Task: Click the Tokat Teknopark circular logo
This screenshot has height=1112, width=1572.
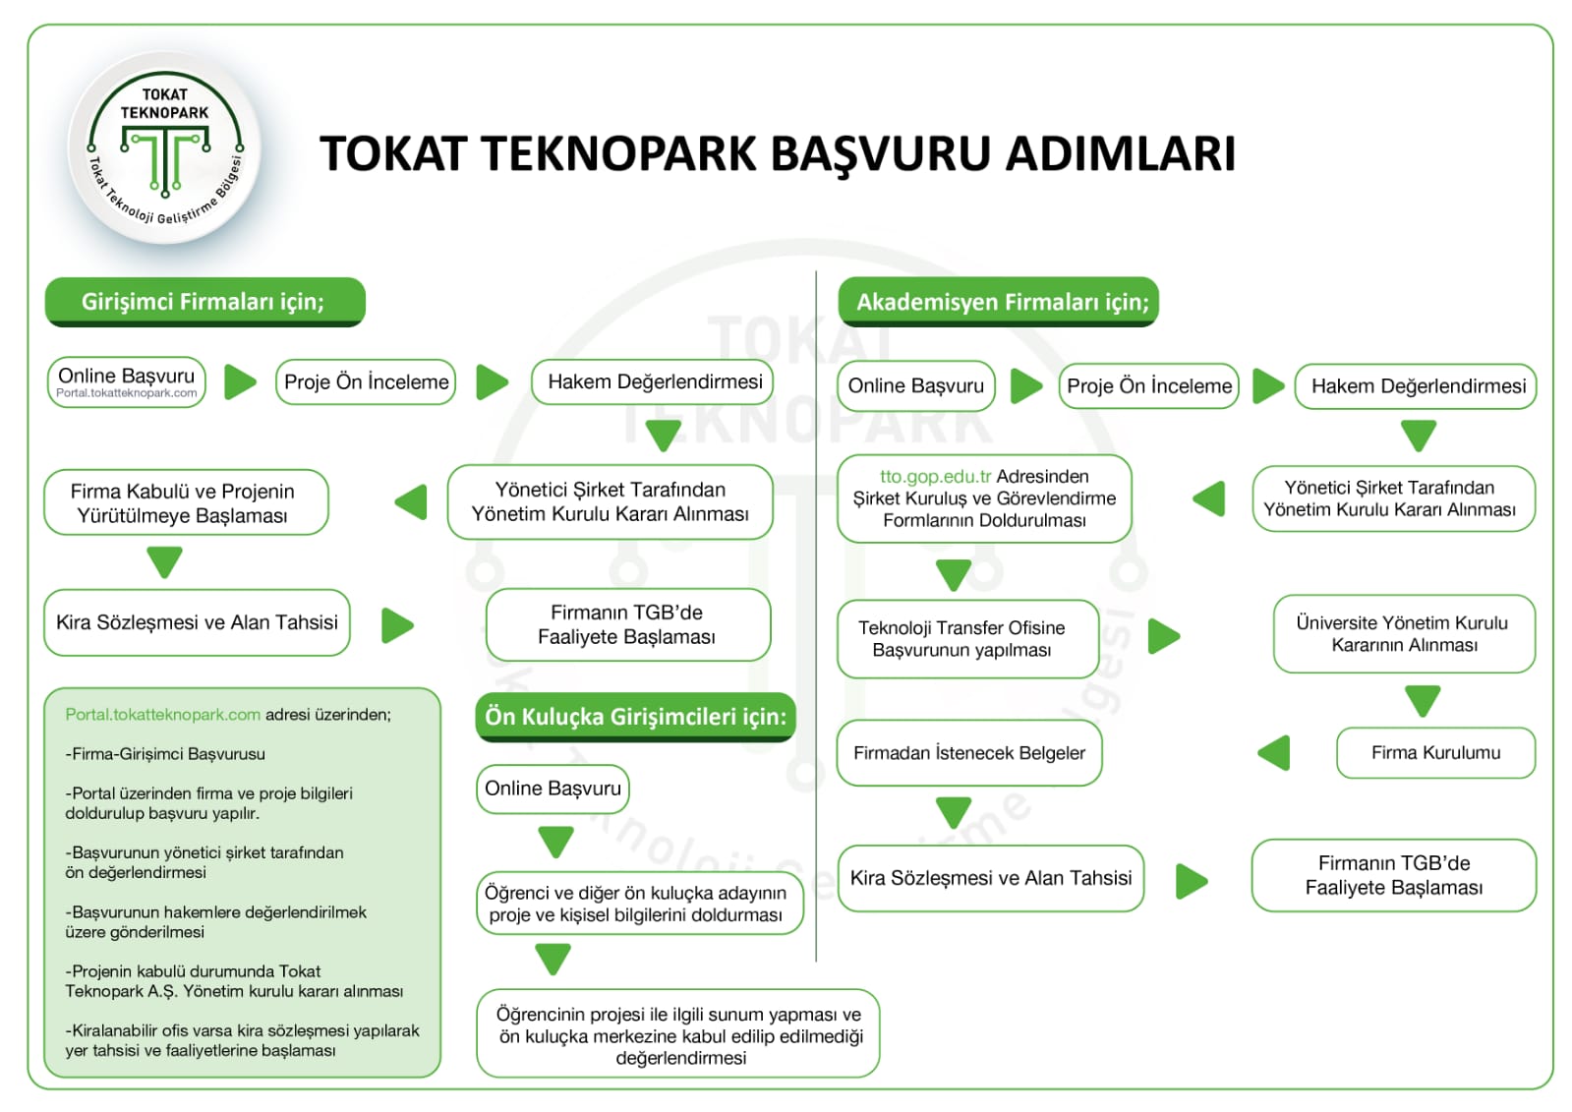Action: pos(164,147)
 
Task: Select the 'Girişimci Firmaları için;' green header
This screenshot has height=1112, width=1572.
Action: pos(204,302)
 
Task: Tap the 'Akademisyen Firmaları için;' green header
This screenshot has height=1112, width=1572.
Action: pos(999,302)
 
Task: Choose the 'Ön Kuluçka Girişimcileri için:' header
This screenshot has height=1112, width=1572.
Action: pos(635,717)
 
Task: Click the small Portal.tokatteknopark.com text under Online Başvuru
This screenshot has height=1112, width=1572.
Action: pos(127,393)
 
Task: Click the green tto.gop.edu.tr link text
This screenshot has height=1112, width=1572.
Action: pos(935,477)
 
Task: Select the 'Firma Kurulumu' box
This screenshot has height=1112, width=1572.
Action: pos(1434,753)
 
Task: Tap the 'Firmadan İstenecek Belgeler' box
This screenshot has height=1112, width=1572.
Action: pos(968,753)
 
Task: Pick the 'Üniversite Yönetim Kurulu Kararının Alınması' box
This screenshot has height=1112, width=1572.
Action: pos(1403,634)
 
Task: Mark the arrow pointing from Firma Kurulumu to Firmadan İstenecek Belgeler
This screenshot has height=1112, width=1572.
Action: pos(1274,753)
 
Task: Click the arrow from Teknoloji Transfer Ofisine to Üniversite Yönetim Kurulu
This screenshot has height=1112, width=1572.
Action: pos(1163,636)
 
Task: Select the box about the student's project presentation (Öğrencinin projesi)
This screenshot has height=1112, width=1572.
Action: pos(678,1035)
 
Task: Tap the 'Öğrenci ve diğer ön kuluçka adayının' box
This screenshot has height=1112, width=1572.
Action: pos(639,904)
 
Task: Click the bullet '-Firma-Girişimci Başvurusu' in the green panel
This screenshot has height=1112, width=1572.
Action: pos(165,754)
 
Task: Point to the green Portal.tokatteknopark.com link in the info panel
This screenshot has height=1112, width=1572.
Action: pos(163,715)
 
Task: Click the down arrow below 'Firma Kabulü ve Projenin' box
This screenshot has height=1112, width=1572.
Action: pos(164,562)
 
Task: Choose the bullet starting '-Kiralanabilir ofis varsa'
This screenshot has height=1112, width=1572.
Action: pos(242,1040)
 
